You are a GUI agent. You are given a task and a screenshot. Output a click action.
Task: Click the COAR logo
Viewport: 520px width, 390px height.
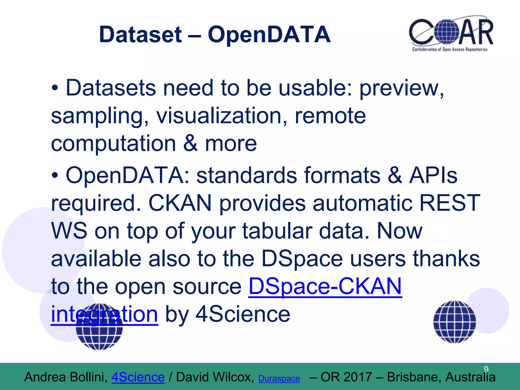coord(451,34)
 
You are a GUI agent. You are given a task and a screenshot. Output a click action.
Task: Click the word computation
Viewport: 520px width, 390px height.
coord(113,143)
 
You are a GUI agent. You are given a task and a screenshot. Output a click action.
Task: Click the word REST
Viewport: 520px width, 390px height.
coord(450,203)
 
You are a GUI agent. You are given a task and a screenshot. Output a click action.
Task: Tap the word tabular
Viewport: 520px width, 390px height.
coord(277,231)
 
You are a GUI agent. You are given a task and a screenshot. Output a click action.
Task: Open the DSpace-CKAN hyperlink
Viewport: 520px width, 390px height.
coord(325,286)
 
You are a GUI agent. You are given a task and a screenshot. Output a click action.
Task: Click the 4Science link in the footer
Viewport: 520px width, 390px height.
coord(138,377)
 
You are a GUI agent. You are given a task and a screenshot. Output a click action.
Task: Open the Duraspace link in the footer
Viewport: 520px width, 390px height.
coord(279,379)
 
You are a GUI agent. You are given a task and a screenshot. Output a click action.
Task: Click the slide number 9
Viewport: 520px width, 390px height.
coord(486,369)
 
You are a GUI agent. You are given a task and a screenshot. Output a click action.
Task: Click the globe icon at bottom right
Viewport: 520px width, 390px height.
coord(454,322)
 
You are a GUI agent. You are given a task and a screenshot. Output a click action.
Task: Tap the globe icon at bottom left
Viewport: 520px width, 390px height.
coord(99,330)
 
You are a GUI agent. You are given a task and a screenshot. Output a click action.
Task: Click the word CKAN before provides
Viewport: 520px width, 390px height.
coord(180,203)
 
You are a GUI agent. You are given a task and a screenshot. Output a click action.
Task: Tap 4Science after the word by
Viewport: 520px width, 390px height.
coord(243,314)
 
